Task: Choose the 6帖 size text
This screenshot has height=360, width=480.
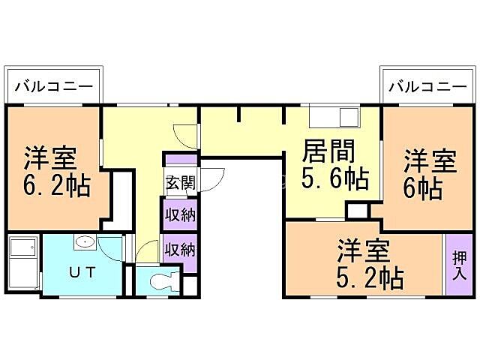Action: pyautogui.click(x=423, y=188)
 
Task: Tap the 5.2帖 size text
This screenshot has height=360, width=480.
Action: pyautogui.click(x=368, y=278)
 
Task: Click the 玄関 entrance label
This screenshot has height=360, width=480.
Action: pyautogui.click(x=180, y=182)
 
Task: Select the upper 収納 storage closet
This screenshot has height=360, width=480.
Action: pyautogui.click(x=180, y=215)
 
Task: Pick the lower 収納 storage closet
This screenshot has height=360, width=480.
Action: pyautogui.click(x=180, y=249)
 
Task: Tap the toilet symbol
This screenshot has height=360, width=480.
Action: pyautogui.click(x=160, y=282)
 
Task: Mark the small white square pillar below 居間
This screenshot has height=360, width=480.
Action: pyautogui.click(x=355, y=209)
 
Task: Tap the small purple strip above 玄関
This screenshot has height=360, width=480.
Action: pyautogui.click(x=180, y=160)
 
